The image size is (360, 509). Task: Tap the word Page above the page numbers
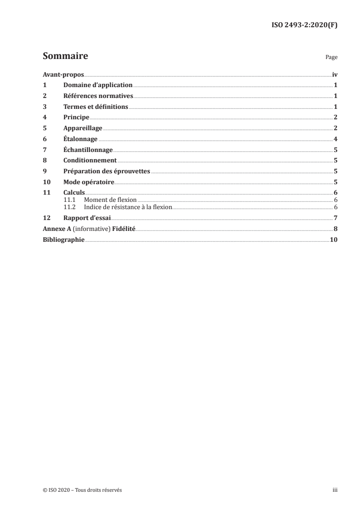pos(331,58)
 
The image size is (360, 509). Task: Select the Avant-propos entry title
pos(63,74)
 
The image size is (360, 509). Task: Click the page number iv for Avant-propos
pos(335,74)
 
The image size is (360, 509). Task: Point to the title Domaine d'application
pos(98,85)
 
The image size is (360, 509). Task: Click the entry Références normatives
pos(98,96)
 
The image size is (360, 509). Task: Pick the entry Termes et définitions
pos(96,107)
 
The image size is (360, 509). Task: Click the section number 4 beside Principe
pos(44,117)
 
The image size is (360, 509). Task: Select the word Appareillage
pos(83,128)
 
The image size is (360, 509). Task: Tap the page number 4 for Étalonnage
pos(335,139)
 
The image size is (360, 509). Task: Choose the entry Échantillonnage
pos(88,150)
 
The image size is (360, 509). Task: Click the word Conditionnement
pos(90,160)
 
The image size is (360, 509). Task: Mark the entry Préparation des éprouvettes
pos(107,171)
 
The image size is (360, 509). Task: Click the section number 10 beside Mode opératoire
pos(46,182)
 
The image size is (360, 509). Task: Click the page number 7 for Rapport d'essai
pos(335,218)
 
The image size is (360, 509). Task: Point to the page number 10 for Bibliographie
pos(334,240)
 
